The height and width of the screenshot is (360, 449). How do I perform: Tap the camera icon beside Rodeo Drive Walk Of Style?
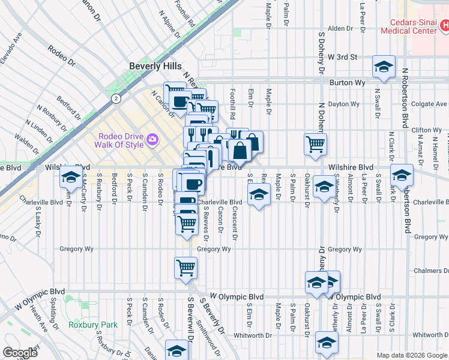click(152, 139)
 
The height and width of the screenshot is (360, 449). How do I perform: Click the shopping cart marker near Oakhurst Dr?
click(315, 144)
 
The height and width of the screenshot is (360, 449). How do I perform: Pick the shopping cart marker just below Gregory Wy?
click(186, 267)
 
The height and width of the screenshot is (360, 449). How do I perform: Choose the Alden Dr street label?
click(340, 28)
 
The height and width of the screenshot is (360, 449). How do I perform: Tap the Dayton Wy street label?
click(343, 104)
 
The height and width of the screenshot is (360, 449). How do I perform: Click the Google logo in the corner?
click(20, 353)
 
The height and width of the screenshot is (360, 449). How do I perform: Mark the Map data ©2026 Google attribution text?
click(412, 355)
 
